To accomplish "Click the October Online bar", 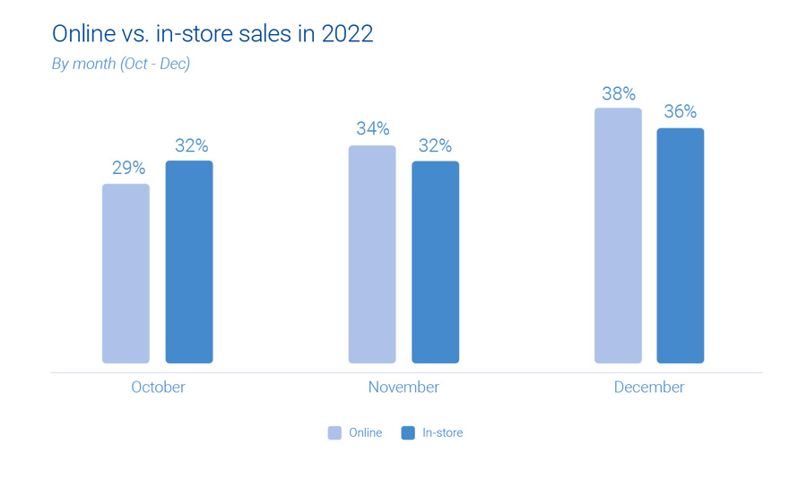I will click(x=126, y=274).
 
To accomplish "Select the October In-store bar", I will click(x=189, y=262).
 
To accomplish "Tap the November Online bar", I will click(x=372, y=254).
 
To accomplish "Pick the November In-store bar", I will click(x=435, y=262).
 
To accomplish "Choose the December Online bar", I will click(x=618, y=235).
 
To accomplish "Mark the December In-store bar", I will click(x=681, y=245).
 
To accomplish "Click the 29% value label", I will click(x=128, y=168).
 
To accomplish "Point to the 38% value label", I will click(x=619, y=93).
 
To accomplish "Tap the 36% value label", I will click(x=681, y=112).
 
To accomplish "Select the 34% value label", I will click(x=372, y=129).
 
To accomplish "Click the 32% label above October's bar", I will click(x=191, y=145).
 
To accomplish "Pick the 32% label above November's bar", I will click(x=435, y=145).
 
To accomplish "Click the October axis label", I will click(x=158, y=388).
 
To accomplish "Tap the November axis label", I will click(x=403, y=388).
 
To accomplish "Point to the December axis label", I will click(x=649, y=388).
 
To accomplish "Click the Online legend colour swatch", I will click(x=334, y=432).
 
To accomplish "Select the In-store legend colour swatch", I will click(x=408, y=432).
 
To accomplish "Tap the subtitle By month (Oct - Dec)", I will click(x=121, y=64).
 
